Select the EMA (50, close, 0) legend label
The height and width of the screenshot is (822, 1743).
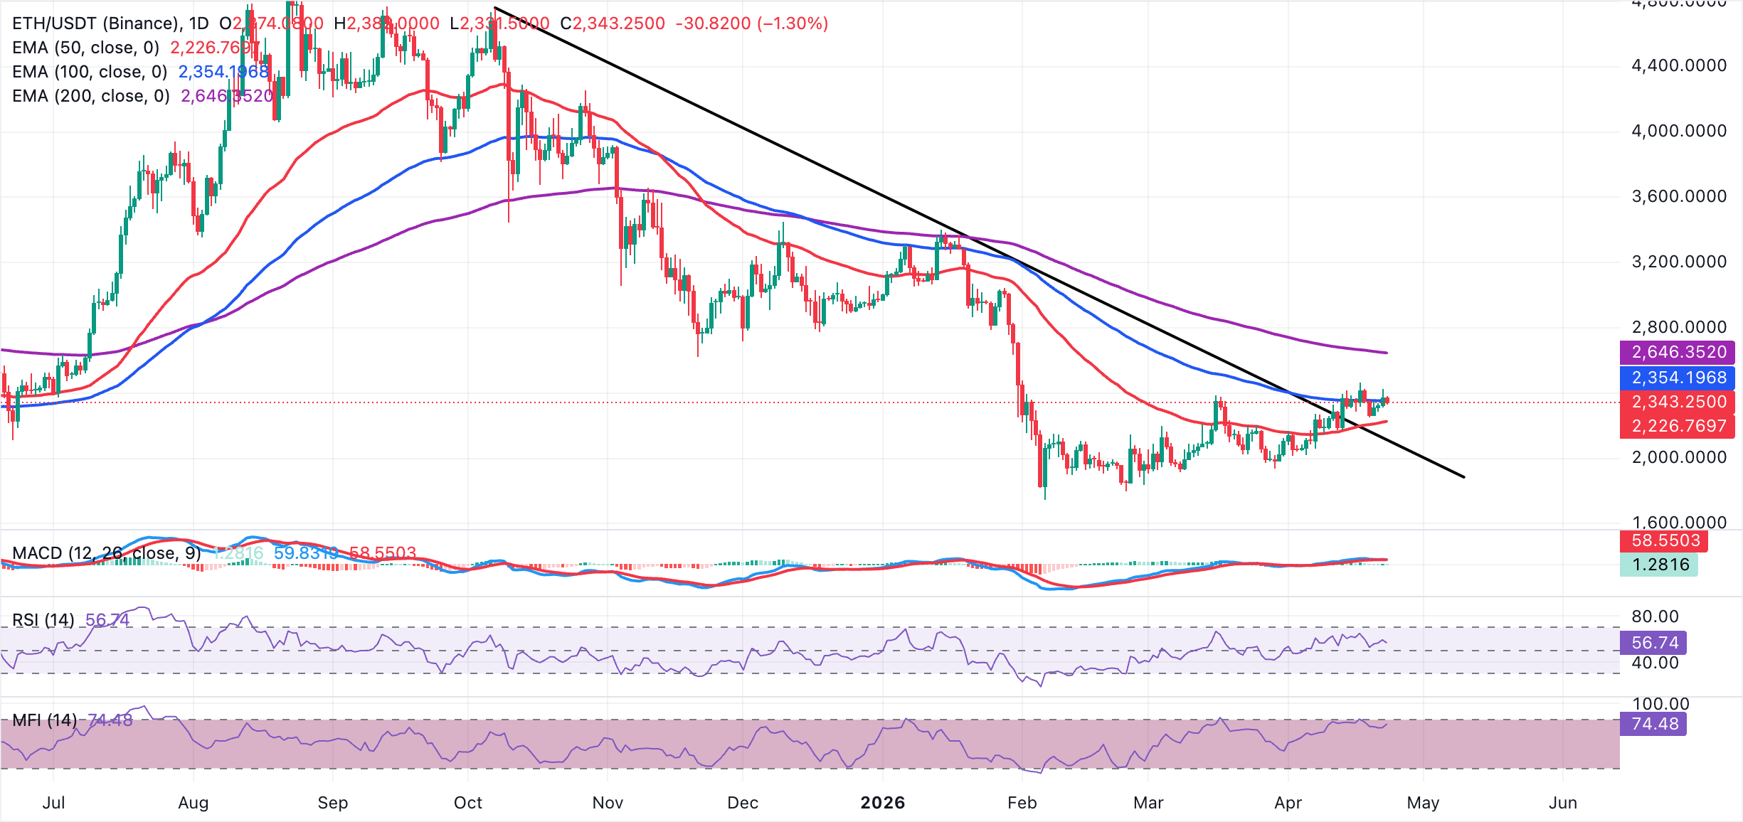pyautogui.click(x=85, y=48)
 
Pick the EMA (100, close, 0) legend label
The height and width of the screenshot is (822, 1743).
pyautogui.click(x=90, y=72)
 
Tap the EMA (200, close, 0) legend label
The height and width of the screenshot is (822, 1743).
pyautogui.click(x=91, y=96)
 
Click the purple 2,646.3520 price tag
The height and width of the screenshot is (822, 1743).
pyautogui.click(x=1678, y=352)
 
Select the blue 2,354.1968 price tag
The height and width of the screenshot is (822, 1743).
pyautogui.click(x=1678, y=378)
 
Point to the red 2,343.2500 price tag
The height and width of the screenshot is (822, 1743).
pyautogui.click(x=1678, y=402)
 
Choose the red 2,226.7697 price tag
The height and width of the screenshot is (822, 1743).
pyautogui.click(x=1678, y=426)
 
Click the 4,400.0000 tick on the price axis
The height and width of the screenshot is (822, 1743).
pyautogui.click(x=1678, y=66)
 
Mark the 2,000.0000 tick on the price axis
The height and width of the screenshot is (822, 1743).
pyautogui.click(x=1678, y=457)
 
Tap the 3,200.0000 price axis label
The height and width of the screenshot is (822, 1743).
pyautogui.click(x=1678, y=262)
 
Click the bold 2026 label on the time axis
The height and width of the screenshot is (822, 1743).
pyautogui.click(x=882, y=803)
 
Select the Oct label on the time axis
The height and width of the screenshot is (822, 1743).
pyautogui.click(x=468, y=803)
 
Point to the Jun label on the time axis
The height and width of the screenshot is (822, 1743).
pyautogui.click(x=1562, y=803)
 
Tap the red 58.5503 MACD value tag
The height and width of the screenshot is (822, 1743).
pyautogui.click(x=1665, y=540)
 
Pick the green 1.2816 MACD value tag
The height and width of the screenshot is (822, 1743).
pyautogui.click(x=1660, y=565)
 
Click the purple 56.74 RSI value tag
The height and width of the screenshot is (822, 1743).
pyautogui.click(x=1654, y=643)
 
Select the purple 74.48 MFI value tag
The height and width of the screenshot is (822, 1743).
pyautogui.click(x=1654, y=724)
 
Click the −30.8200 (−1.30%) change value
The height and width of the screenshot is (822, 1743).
pyautogui.click(x=751, y=23)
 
